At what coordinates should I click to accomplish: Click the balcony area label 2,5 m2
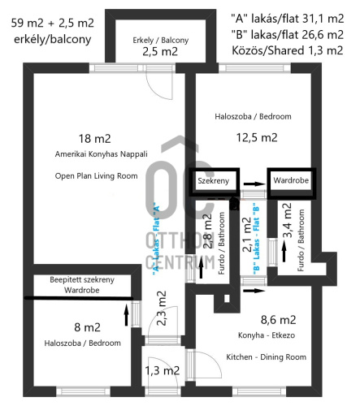pos(160,51)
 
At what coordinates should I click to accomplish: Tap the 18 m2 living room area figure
pos(95,139)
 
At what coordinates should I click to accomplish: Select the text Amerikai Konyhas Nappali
pos(102,154)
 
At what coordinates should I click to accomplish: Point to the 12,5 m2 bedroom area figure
pos(257,137)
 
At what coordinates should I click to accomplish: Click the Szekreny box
pos(214,182)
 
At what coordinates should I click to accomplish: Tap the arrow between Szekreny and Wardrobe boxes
pos(254,184)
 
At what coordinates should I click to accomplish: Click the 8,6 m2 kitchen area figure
pos(279,320)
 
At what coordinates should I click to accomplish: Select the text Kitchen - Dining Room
pos(267,357)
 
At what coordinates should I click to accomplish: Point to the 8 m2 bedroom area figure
pos(87,327)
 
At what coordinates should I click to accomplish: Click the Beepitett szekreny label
pos(82,279)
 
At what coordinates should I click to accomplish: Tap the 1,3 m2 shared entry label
pos(163,370)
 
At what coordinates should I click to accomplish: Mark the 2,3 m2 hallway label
pos(162,309)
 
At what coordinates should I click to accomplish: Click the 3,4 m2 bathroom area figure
pos(288,221)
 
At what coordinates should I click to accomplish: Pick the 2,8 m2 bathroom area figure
pos(207,231)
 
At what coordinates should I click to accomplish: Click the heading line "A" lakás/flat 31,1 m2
pos(288,19)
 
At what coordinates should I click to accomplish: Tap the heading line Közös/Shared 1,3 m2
pos(288,50)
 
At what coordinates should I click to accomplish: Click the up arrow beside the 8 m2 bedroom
pos(126,315)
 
